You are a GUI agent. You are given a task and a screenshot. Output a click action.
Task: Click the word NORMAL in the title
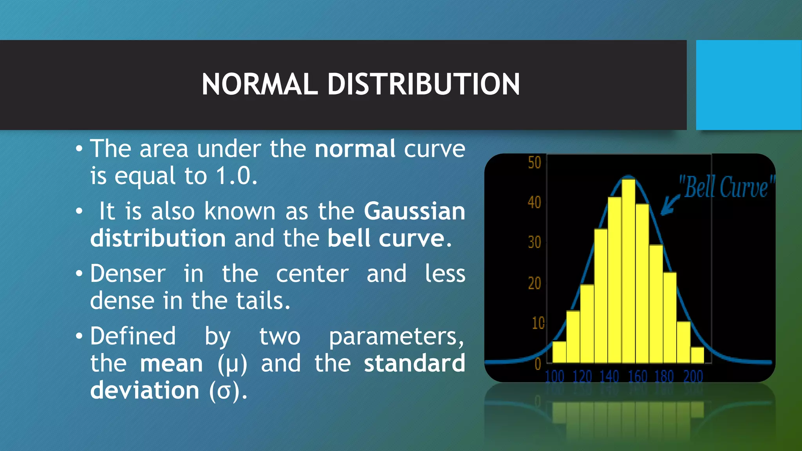coord(259,84)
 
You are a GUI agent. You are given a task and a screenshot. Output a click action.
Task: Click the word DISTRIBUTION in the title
coord(423,84)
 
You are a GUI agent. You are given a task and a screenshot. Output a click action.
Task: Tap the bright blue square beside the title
coord(748,85)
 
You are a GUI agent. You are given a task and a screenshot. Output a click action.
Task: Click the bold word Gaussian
coord(414,211)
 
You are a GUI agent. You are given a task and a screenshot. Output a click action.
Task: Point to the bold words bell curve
coord(386,238)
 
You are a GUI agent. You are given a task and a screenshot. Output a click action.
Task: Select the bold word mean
coord(172,363)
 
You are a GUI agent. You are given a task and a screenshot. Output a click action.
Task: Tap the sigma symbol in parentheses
coord(224,391)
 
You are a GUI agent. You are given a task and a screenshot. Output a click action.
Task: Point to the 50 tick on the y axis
coord(534,163)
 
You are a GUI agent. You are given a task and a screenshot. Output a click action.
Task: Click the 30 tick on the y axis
coord(534,243)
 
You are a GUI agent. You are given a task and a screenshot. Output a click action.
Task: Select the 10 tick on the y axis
coord(538,323)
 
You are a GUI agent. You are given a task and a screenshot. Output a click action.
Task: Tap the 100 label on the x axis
coord(554,377)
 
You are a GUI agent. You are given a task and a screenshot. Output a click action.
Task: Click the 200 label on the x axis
coord(693,377)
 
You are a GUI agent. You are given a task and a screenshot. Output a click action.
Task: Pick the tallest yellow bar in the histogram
coord(629,270)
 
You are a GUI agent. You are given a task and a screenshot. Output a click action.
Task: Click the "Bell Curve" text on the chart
coord(726,187)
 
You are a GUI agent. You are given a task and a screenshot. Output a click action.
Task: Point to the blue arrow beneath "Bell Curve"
coord(670,205)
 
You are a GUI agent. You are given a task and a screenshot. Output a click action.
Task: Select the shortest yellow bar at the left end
coord(559,352)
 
